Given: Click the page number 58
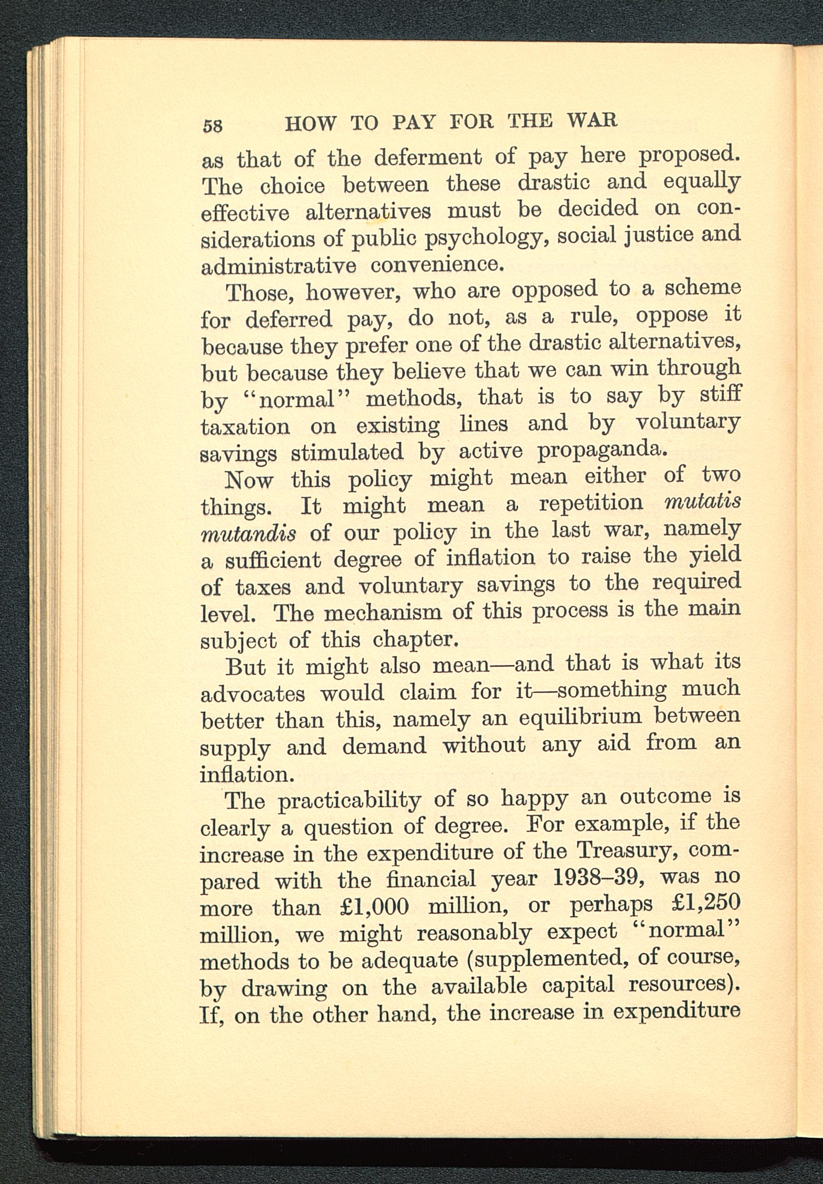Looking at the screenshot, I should (x=212, y=125).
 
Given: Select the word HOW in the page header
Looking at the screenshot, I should (x=310, y=124).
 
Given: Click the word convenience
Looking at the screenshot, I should (x=436, y=265).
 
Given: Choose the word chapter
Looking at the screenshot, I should (x=415, y=639).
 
